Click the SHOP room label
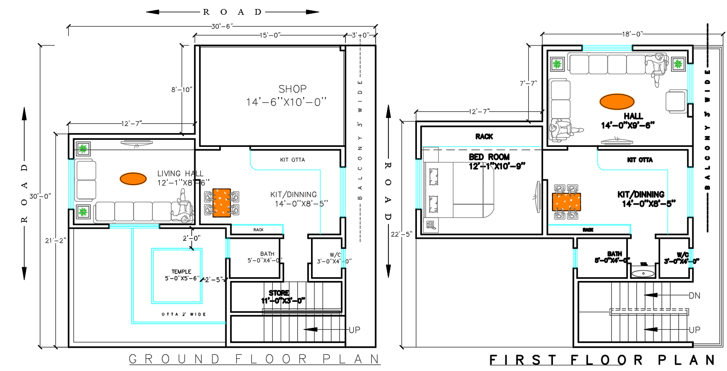point(292,89)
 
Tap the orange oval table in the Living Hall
point(133,179)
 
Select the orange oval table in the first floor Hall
point(617,101)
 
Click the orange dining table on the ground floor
point(221,203)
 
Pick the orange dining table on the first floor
point(567,201)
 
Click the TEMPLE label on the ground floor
point(182,271)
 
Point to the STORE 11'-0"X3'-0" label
point(282,297)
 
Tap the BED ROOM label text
point(489,157)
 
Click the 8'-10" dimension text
point(182,89)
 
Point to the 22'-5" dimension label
point(402,234)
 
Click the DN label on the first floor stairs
point(694,295)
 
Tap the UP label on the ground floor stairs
point(355,329)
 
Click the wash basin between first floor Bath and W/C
point(643,273)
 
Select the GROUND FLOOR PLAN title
point(255,359)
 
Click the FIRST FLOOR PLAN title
point(602,360)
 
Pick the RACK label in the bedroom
point(484,136)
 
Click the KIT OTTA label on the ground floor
point(293,160)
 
